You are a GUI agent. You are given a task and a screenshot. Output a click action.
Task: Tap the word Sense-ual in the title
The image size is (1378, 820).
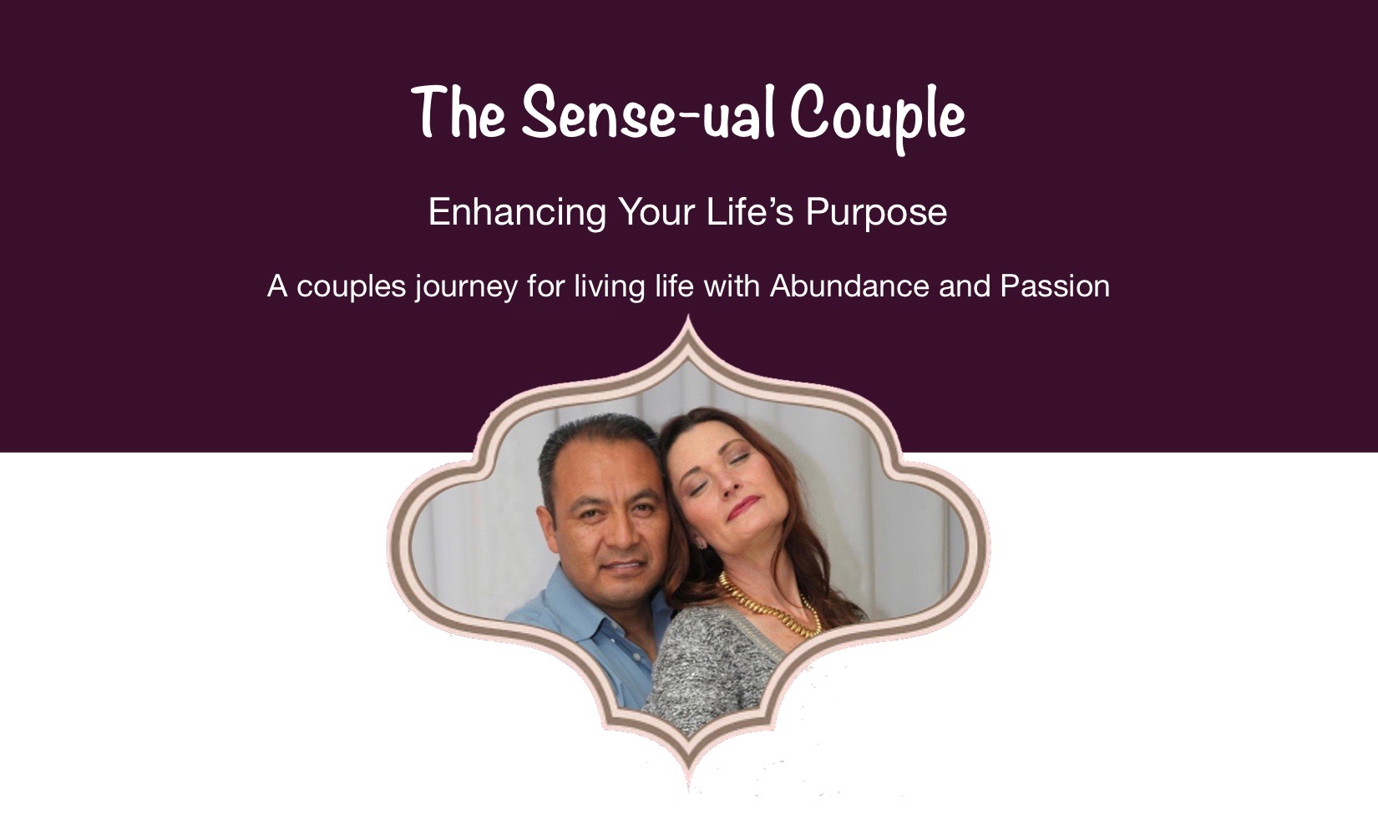coord(648,113)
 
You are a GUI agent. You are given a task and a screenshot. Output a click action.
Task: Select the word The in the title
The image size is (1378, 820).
coord(458,113)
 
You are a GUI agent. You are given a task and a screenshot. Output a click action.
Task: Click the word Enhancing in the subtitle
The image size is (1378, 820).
coord(517,213)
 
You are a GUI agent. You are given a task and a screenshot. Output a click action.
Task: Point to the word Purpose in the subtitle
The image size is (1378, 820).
coord(877,213)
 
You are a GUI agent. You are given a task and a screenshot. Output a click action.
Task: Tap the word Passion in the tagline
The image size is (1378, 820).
coord(1055,286)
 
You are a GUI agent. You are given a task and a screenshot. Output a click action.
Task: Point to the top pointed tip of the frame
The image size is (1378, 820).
coord(688,315)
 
